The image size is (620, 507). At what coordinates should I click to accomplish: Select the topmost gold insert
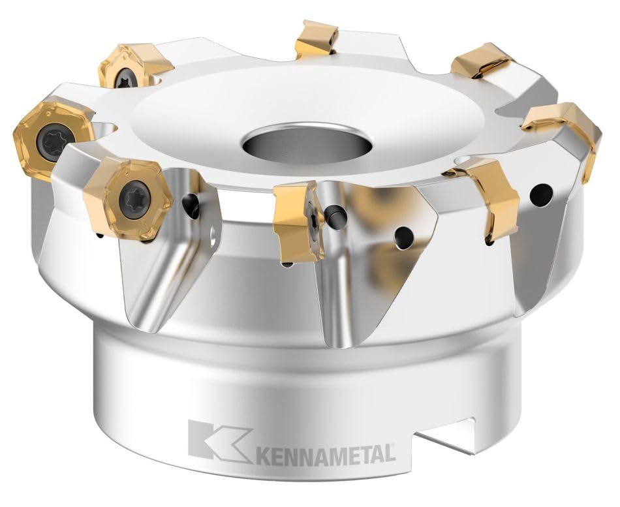click(x=317, y=38)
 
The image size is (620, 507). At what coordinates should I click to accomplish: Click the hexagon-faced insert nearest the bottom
click(x=128, y=194)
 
